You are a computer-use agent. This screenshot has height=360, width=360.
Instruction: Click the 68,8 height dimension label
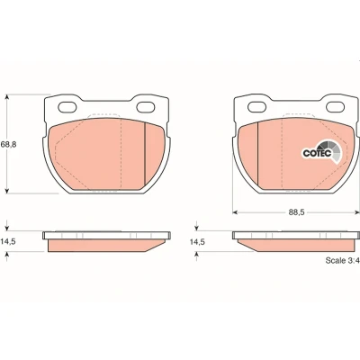pyautogui.click(x=8, y=144)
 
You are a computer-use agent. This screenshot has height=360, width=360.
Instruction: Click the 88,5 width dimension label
pyautogui.click(x=296, y=212)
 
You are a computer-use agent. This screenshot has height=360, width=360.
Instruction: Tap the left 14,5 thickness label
pyautogui.click(x=8, y=242)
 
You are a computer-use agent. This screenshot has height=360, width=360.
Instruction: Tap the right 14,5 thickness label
pyautogui.click(x=197, y=242)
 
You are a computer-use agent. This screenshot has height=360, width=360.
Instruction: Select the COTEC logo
pyautogui.click(x=321, y=152)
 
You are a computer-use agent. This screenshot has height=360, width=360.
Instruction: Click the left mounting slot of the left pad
pyautogui.click(x=67, y=107)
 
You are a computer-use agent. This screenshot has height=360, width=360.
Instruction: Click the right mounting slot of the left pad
pyautogui.click(x=146, y=107)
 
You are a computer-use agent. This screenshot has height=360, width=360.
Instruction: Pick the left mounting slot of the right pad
pyautogui.click(x=256, y=107)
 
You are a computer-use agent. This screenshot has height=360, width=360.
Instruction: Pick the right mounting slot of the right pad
pyautogui.click(x=335, y=107)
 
